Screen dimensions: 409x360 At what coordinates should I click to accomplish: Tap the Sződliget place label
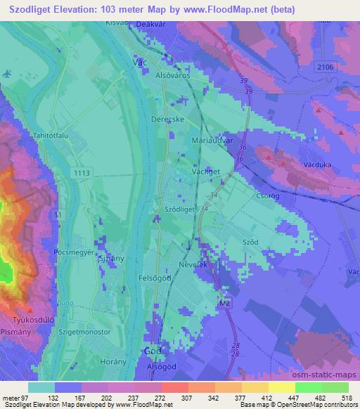click(179, 209)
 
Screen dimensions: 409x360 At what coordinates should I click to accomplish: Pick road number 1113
click(81, 171)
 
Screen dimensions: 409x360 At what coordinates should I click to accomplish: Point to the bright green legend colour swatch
click(308, 387)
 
